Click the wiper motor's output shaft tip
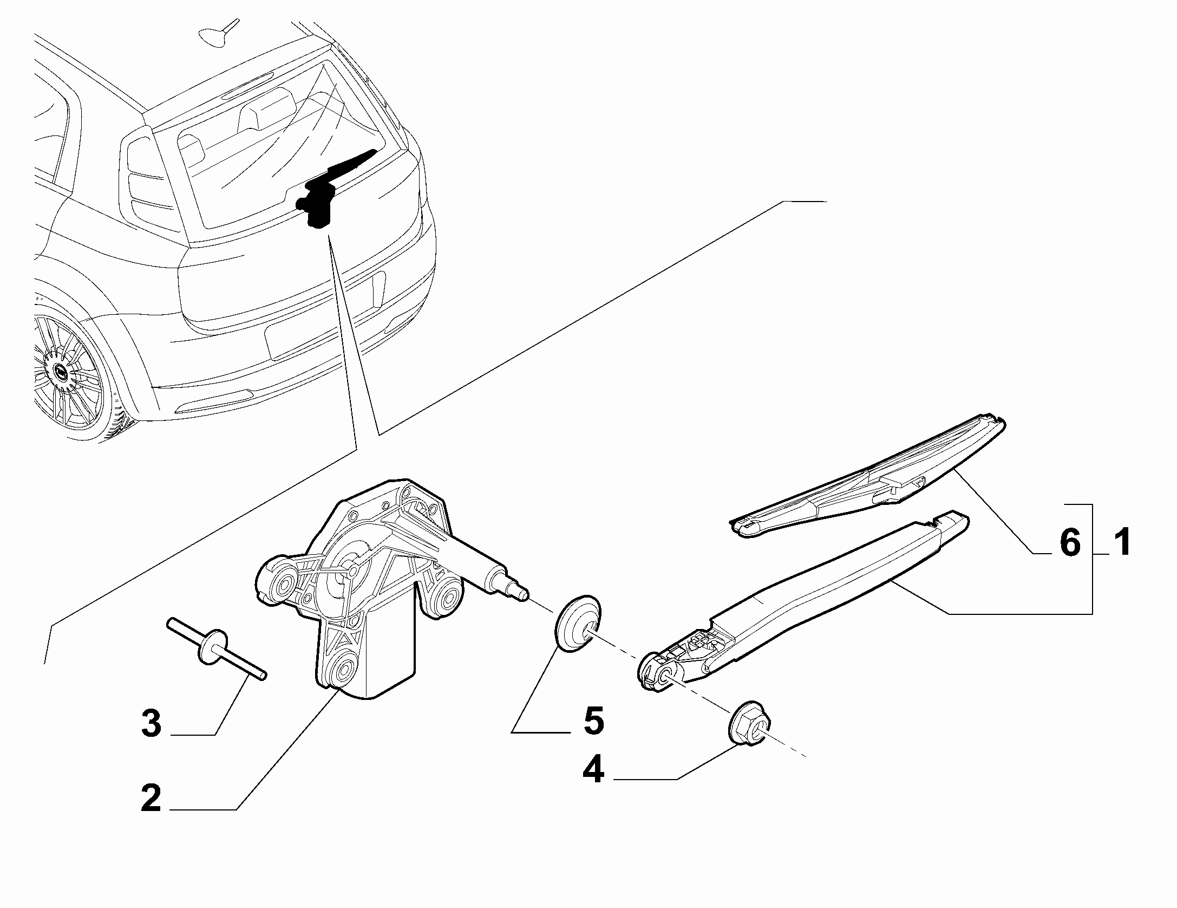coord(524,594)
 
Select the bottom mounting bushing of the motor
coord(343,672)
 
